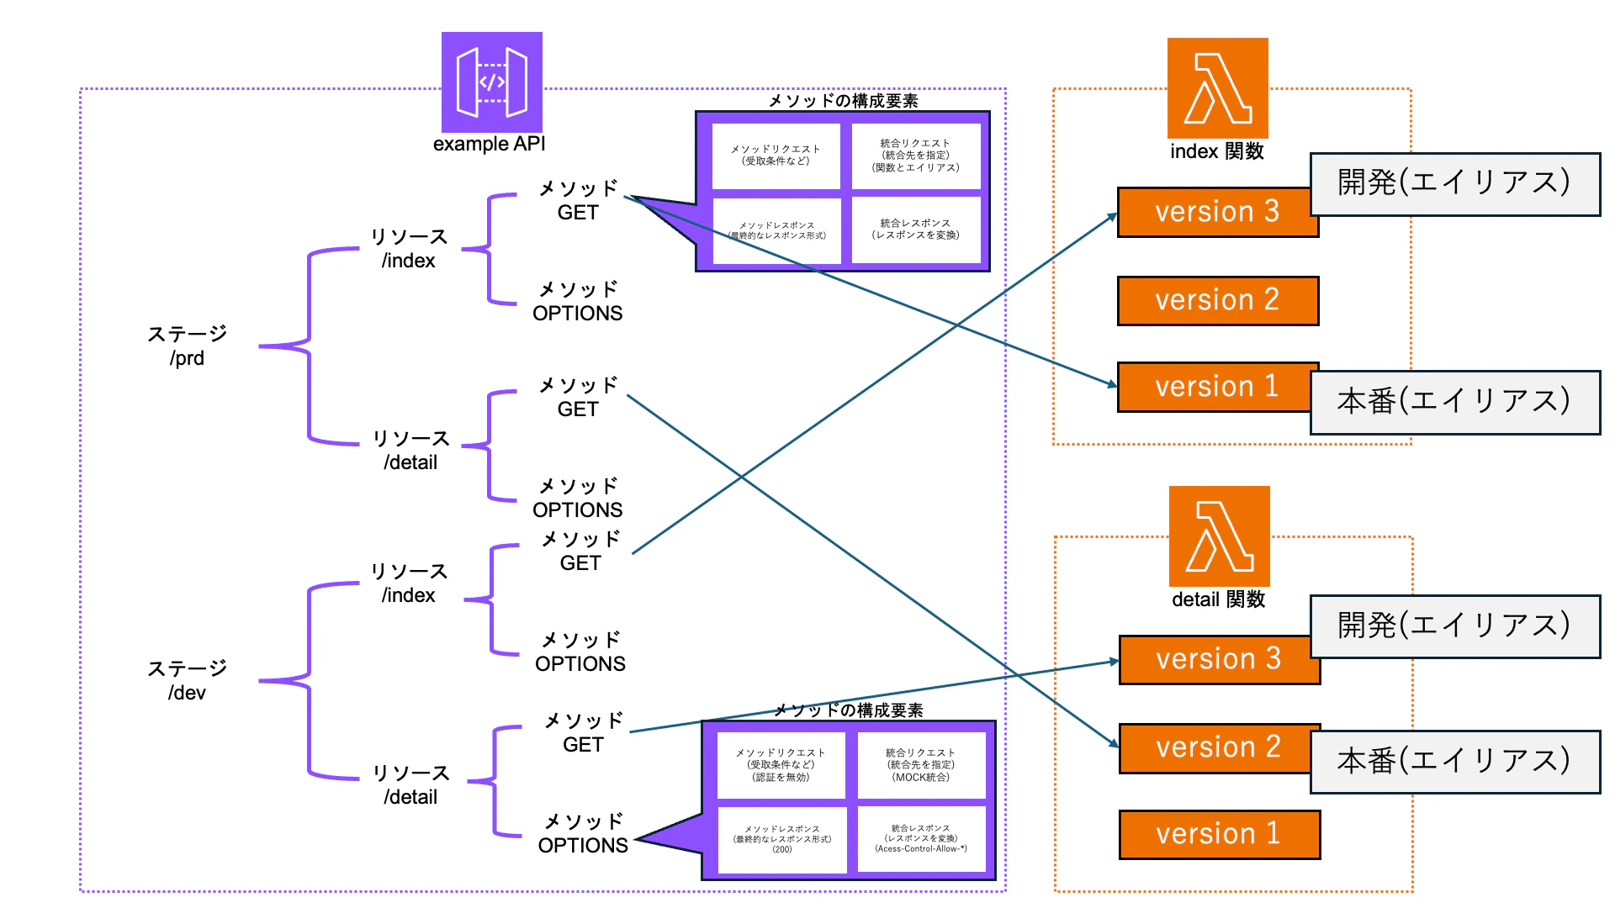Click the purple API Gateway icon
492,82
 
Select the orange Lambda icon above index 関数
1217,88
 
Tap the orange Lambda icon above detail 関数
1219,536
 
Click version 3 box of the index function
1216,212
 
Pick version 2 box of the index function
1217,300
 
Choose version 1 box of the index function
1216,387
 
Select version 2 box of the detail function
1218,747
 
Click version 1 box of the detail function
1219,834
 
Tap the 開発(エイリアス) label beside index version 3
1454,183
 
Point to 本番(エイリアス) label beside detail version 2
1454,762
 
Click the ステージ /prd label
187,346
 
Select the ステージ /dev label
187,680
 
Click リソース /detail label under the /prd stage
410,450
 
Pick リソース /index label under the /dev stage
409,583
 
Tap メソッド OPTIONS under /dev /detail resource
583,833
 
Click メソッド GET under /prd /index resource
578,200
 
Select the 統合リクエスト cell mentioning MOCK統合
921,765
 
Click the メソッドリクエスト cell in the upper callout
776,156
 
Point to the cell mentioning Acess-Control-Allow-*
921,838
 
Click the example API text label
489,144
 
